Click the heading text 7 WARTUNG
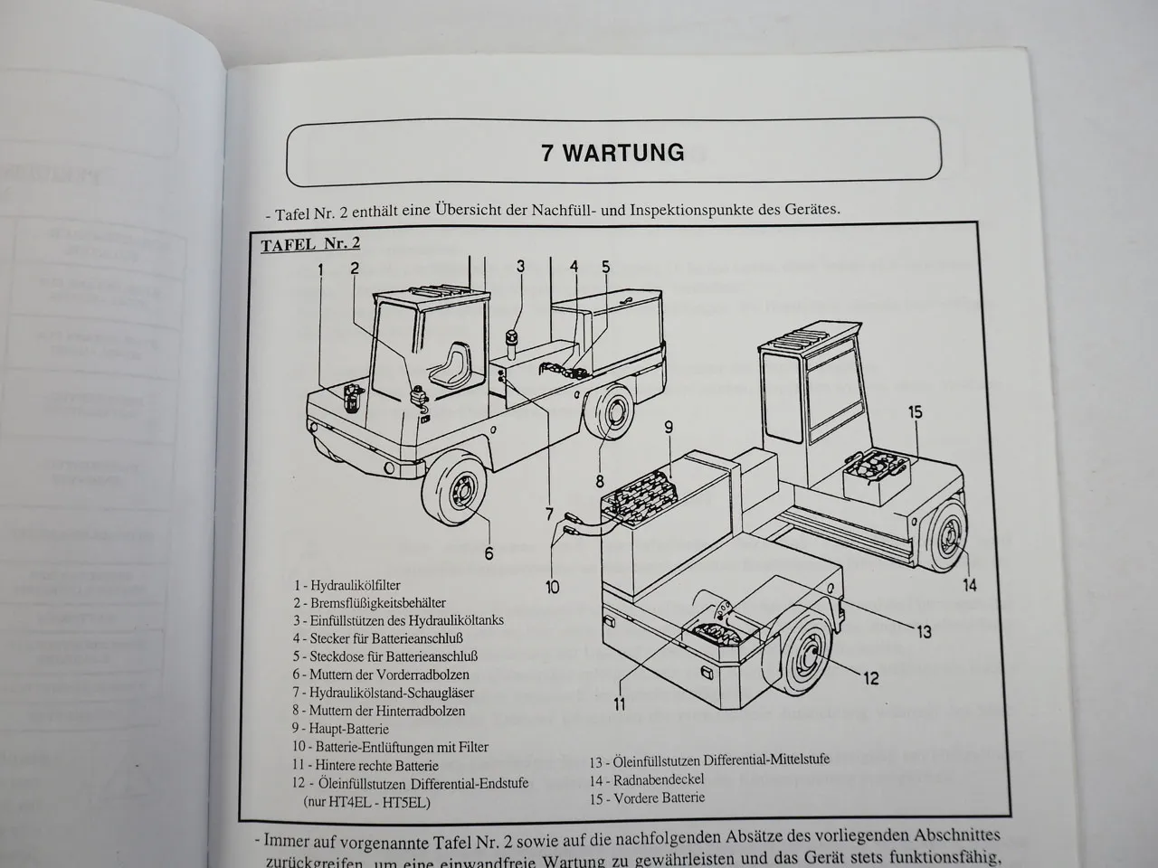pos(612,152)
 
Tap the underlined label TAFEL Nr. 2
pos(310,245)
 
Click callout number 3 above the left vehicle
pos(520,266)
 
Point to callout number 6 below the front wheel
pos(489,552)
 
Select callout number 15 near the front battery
pos(915,412)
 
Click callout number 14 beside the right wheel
pos(969,585)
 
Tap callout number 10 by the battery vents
pos(552,588)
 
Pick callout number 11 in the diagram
pos(621,704)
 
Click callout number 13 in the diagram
pos(924,632)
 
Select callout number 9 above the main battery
pos(669,427)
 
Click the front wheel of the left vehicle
pos(459,495)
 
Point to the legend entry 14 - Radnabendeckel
pos(647,779)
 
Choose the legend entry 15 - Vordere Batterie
pos(646,797)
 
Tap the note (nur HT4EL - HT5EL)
pos(365,801)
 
